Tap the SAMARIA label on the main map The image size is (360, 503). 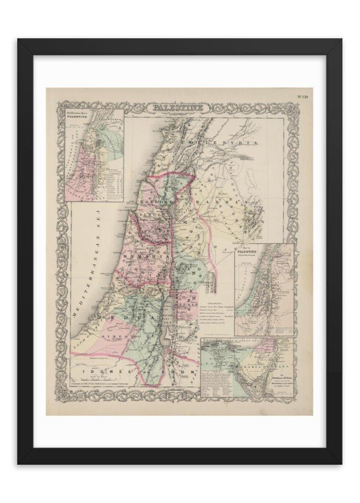[x=151, y=257]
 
